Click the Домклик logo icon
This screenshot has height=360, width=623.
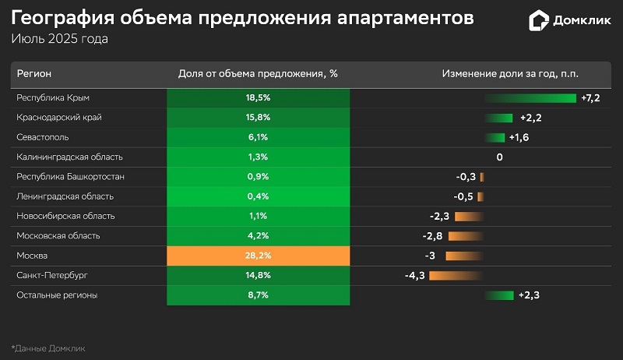coord(539,21)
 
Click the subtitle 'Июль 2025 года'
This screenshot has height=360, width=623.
coord(59,38)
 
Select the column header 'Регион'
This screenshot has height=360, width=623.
coord(34,73)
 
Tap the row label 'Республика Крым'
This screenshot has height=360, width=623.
coord(53,97)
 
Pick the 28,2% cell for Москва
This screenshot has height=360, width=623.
coord(258,256)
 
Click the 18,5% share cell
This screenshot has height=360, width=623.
coord(258,97)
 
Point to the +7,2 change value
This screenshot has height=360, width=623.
coord(590,97)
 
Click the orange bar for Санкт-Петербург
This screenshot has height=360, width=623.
coord(456,275)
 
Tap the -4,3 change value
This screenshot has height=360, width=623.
coord(414,275)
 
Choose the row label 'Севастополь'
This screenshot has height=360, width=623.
coord(42,137)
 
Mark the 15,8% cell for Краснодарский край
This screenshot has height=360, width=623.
coord(258,118)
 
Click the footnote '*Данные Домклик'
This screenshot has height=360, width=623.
coord(48,348)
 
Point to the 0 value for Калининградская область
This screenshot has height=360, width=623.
coord(499,157)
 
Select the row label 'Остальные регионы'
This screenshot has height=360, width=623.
coord(57,295)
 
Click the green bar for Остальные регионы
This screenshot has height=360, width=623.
coord(499,295)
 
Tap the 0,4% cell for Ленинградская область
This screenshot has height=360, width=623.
coord(258,196)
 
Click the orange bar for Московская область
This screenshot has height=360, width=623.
coord(466,235)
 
